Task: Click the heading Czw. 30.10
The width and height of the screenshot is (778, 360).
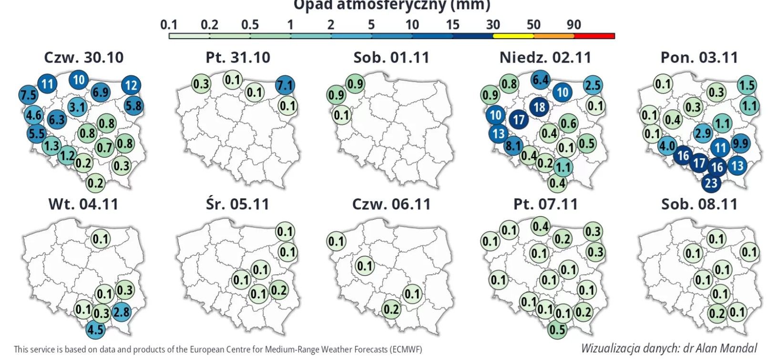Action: pyautogui.click(x=83, y=58)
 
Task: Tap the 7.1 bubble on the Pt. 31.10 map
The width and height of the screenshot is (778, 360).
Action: pyautogui.click(x=285, y=86)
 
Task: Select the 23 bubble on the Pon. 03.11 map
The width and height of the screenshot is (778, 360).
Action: pyautogui.click(x=711, y=183)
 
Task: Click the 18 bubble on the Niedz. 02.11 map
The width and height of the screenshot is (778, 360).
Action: pyautogui.click(x=539, y=107)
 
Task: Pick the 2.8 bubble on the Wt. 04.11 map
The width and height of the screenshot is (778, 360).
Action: pyautogui.click(x=122, y=312)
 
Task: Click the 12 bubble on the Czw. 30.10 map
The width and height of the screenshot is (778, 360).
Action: pyautogui.click(x=132, y=85)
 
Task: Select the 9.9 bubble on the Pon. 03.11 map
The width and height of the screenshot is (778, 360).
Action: pyautogui.click(x=740, y=143)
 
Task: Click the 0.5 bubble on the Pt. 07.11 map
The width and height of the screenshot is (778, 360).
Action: pyautogui.click(x=557, y=329)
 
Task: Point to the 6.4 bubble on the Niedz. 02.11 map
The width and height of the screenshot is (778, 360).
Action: pyautogui.click(x=541, y=80)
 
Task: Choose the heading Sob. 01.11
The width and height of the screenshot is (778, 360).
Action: pyautogui.click(x=391, y=58)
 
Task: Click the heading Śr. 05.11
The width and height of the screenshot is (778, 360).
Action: pyautogui.click(x=237, y=204)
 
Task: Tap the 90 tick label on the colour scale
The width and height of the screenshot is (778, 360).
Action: pyautogui.click(x=574, y=25)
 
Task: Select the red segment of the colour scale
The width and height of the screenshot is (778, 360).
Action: pyautogui.click(x=594, y=36)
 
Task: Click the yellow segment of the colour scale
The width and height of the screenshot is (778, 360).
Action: pyautogui.click(x=513, y=36)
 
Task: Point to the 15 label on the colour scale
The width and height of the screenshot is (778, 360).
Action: pyautogui.click(x=452, y=25)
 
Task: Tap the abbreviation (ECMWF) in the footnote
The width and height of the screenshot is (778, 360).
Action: pyautogui.click(x=406, y=350)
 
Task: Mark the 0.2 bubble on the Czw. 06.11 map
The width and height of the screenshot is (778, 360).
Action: pyautogui.click(x=391, y=309)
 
